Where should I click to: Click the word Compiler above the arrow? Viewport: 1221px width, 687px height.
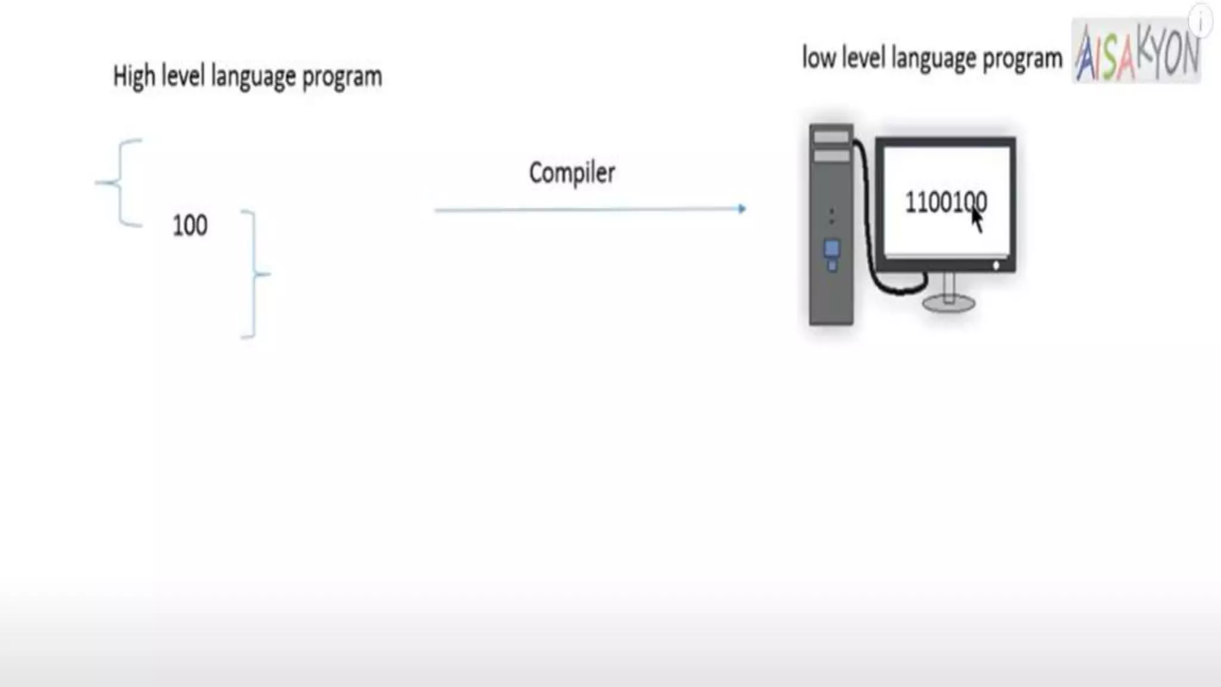pyautogui.click(x=572, y=174)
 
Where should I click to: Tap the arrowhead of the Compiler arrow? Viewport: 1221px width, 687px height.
pyautogui.click(x=742, y=209)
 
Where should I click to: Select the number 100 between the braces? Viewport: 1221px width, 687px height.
pyautogui.click(x=190, y=225)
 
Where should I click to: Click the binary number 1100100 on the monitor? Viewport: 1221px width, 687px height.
pyautogui.click(x=945, y=203)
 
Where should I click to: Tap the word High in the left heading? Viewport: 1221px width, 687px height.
pyautogui.click(x=134, y=77)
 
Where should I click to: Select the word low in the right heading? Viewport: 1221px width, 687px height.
pyautogui.click(x=819, y=58)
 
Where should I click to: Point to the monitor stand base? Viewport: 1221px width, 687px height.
pyautogui.click(x=949, y=304)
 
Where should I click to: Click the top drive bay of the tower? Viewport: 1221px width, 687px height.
pyautogui.click(x=831, y=137)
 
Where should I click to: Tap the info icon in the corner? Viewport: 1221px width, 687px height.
pyautogui.click(x=1201, y=21)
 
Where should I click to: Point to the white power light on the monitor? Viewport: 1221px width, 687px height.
pyautogui.click(x=996, y=265)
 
